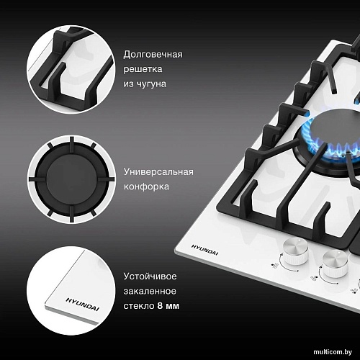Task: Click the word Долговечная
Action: pyautogui.click(x=153, y=55)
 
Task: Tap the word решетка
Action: pyautogui.click(x=143, y=69)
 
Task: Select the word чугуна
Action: pyautogui.click(x=151, y=84)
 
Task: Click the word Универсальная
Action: pyautogui.click(x=158, y=172)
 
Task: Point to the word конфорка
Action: pyautogui.click(x=146, y=186)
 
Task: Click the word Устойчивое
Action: pyautogui.click(x=150, y=276)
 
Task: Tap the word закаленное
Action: pyautogui.click(x=150, y=291)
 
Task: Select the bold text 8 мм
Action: pyautogui.click(x=168, y=306)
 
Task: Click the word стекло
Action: pyautogui.click(x=139, y=306)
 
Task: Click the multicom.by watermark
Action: pyautogui.click(x=333, y=352)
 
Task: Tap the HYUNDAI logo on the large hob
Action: pyautogui.click(x=204, y=250)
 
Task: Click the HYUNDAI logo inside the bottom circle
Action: pyautogui.click(x=82, y=304)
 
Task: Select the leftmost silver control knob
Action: pyautogui.click(x=296, y=252)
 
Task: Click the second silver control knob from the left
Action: pyautogui.click(x=335, y=264)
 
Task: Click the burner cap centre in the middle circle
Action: pyautogui.click(x=71, y=179)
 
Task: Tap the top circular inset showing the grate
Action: pyautogui.click(x=71, y=69)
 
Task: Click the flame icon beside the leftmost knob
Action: pyautogui.click(x=275, y=265)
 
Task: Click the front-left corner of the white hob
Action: pyautogui.click(x=175, y=250)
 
